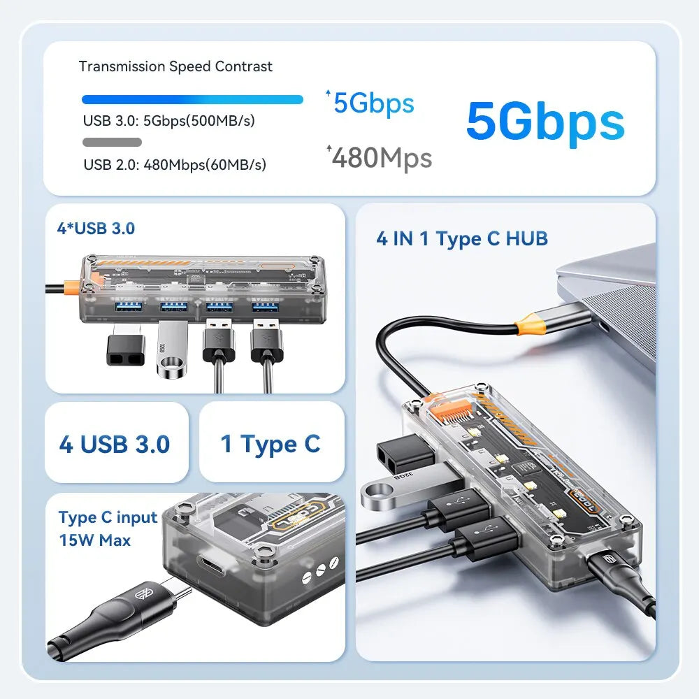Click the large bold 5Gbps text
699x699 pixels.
click(x=545, y=121)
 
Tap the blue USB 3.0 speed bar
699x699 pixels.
click(x=192, y=99)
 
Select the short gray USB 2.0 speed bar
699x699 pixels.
click(x=112, y=143)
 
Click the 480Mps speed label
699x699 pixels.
click(x=381, y=158)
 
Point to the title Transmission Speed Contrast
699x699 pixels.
click(x=175, y=66)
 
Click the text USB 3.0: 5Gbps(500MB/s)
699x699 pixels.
click(x=169, y=120)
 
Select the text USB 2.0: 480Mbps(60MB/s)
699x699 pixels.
click(x=175, y=165)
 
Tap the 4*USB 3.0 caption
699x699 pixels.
click(x=96, y=228)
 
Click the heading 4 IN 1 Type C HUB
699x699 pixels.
click(x=462, y=238)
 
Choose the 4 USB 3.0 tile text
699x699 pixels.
click(x=115, y=444)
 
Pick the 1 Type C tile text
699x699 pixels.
click(x=271, y=444)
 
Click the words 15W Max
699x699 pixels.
click(x=94, y=540)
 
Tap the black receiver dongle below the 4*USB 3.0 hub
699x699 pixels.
click(x=125, y=348)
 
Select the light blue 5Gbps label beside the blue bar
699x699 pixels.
click(x=374, y=103)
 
